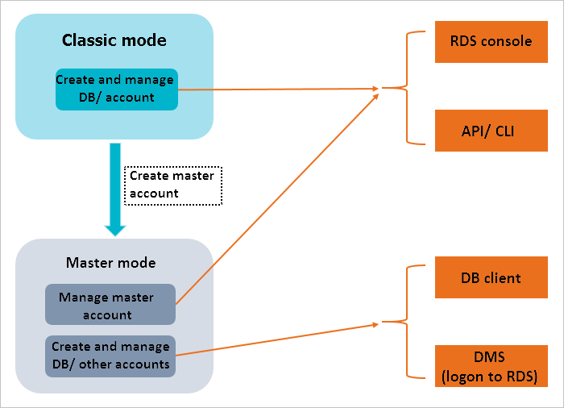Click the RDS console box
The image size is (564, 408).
click(x=491, y=42)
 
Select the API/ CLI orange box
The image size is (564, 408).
click(x=491, y=131)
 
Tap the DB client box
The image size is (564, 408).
click(x=491, y=277)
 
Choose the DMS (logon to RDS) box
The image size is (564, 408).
click(x=491, y=366)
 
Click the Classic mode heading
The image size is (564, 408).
click(x=114, y=40)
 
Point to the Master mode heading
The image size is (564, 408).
click(x=111, y=263)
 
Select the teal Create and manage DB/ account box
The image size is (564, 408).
click(x=117, y=90)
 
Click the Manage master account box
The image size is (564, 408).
click(x=110, y=304)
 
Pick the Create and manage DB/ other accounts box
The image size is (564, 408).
click(x=110, y=356)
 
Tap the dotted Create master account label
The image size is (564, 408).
click(x=173, y=185)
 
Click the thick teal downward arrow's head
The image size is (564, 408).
click(x=115, y=231)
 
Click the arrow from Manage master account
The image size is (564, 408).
click(x=277, y=199)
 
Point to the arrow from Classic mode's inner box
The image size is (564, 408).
click(x=279, y=89)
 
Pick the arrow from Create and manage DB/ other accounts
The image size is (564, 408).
click(x=277, y=340)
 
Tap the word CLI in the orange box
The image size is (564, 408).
click(x=504, y=131)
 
